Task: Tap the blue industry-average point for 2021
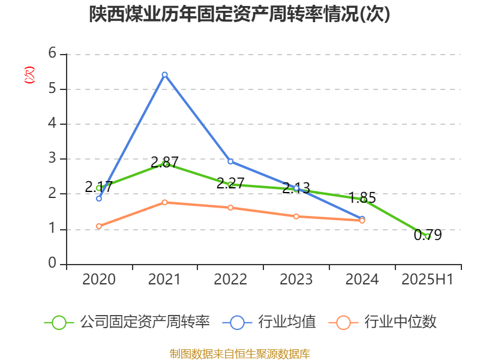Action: coord(164,74)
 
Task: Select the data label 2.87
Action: coord(164,162)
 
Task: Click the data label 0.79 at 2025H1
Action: coord(428,235)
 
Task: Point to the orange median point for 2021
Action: coord(164,202)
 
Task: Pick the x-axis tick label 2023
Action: coord(296,280)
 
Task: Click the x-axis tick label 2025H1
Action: coord(427,280)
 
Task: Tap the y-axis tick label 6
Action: coord(53,54)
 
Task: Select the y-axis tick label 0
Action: coord(53,264)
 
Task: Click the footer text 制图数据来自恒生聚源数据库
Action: coord(239,353)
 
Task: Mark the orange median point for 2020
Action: coord(99,226)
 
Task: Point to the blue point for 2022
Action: coord(230,161)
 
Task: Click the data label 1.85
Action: coord(362,197)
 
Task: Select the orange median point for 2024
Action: coord(362,221)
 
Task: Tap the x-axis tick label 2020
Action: coord(99,280)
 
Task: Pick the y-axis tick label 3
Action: coord(53,159)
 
